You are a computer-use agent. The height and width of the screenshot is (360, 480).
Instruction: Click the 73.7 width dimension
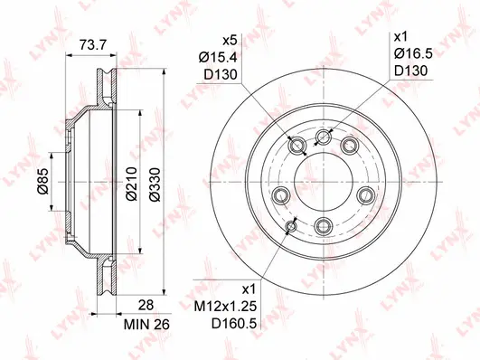pos(87,43)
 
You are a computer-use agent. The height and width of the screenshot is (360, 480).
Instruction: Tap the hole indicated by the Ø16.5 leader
pos(324,137)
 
